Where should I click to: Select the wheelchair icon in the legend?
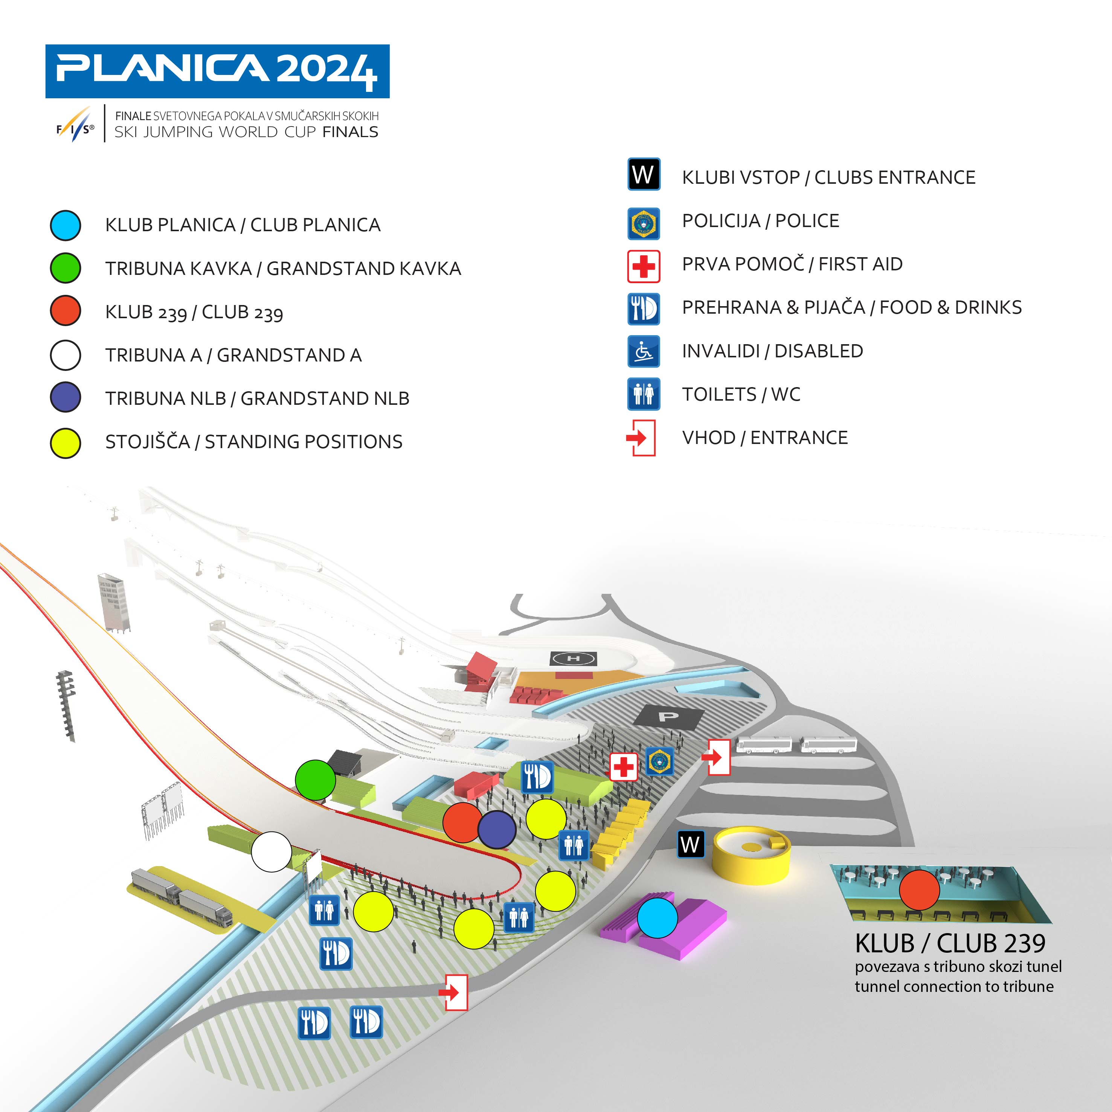[644, 351]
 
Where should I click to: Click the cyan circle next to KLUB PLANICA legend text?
[66, 225]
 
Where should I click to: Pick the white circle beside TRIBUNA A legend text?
[66, 355]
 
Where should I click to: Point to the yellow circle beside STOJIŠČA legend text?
[66, 443]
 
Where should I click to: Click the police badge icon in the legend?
[644, 223]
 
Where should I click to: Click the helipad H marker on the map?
[574, 658]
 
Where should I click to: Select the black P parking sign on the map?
[668, 717]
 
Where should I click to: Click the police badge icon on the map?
[660, 761]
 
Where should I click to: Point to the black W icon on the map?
[690, 844]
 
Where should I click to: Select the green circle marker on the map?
[316, 780]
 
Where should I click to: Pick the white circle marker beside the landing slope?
[272, 852]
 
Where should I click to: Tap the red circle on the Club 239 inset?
[919, 890]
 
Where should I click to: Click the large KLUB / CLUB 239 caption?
[950, 943]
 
